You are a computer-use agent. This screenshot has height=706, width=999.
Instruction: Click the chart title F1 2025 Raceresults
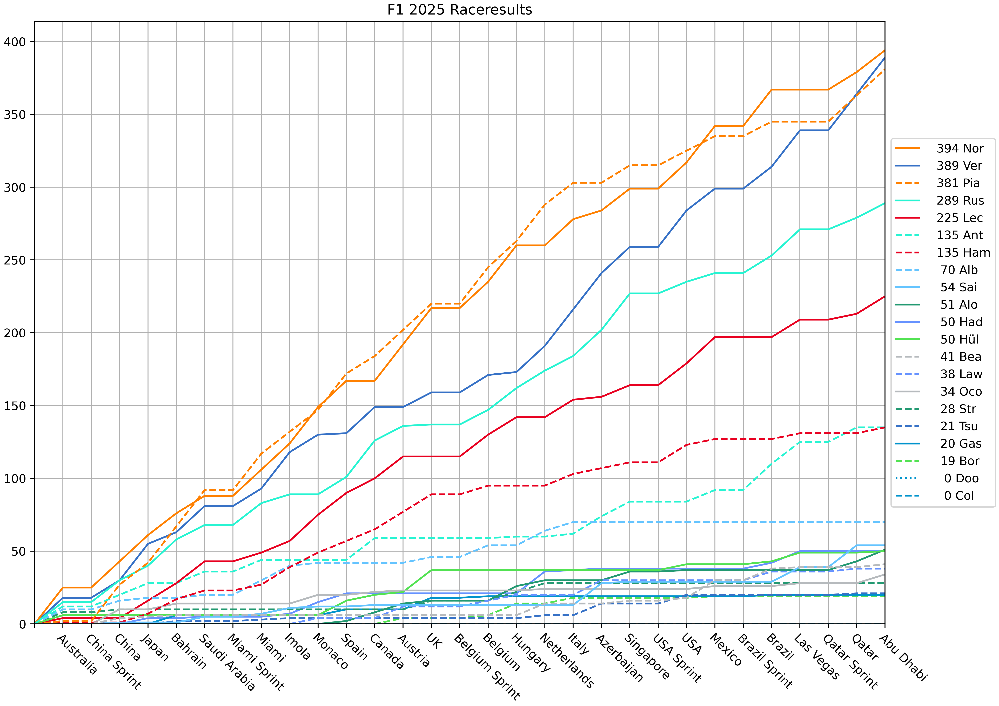[459, 10]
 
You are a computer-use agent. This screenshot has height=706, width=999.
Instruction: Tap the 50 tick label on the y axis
[18, 551]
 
